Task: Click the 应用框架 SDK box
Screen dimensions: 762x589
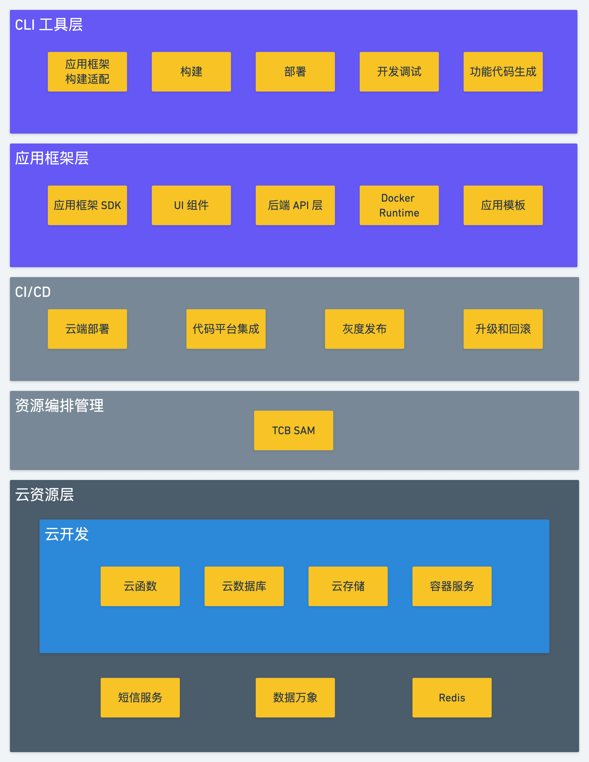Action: [x=87, y=205]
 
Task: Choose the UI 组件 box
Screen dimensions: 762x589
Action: [x=191, y=205]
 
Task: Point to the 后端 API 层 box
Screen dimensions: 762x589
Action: [x=295, y=205]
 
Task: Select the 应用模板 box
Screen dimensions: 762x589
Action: [x=503, y=205]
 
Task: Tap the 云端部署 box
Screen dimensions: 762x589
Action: [x=87, y=329]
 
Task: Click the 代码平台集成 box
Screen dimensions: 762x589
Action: [x=226, y=329]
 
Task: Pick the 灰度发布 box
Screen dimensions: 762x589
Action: [x=364, y=329]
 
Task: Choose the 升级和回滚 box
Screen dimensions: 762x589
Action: [x=503, y=329]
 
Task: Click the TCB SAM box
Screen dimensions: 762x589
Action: [x=293, y=430]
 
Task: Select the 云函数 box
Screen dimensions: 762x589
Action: [x=140, y=586]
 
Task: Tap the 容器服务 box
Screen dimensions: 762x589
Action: [x=452, y=586]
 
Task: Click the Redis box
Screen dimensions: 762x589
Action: [x=452, y=697]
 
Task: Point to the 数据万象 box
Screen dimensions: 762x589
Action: [x=295, y=697]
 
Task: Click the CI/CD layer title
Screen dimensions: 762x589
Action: [x=33, y=292]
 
